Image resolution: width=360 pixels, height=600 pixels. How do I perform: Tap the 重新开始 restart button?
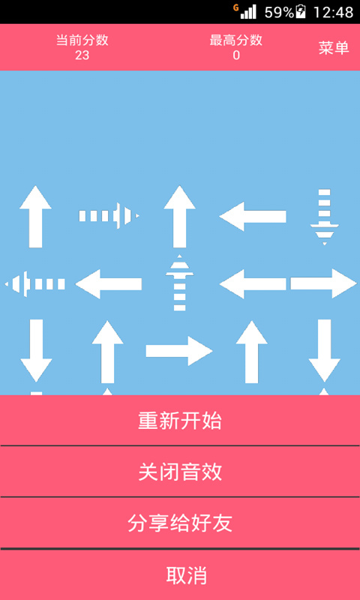coord(180,420)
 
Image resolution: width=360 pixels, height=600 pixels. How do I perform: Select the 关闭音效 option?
coord(180,472)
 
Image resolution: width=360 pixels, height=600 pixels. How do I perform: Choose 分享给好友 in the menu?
coord(180,523)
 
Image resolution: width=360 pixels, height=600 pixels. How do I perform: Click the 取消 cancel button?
coord(186,574)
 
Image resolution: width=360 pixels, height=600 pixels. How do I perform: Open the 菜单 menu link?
coord(334,48)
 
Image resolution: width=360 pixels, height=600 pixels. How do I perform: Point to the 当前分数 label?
coord(82,40)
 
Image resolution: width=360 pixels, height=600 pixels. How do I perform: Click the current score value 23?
coord(82,55)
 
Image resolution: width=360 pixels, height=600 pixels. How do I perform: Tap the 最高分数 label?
coord(236,40)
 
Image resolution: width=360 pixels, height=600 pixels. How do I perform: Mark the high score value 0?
coord(236,55)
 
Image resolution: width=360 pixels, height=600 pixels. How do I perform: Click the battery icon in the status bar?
coord(301,12)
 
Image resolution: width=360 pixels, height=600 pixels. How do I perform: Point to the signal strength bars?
coord(248,12)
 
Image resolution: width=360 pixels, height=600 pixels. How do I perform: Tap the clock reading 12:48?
coord(333,12)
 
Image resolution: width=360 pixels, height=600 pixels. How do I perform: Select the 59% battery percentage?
coord(279,12)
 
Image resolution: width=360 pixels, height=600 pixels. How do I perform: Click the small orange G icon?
coord(235,7)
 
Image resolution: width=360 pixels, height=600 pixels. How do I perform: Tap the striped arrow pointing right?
coord(109,216)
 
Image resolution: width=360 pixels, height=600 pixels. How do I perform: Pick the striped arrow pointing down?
coord(325,217)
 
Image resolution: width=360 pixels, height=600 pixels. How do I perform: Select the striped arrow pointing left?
coord(34,284)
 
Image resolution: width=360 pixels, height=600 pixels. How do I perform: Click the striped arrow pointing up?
coord(179,283)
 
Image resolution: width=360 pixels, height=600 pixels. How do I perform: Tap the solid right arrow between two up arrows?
coord(179,351)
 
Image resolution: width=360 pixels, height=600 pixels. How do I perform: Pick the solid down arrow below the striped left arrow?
coord(36,351)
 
